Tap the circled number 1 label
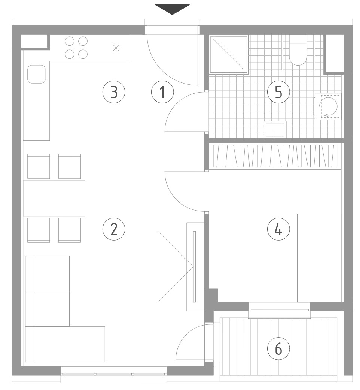(x=162, y=92)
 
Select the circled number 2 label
(x=114, y=229)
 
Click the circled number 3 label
(x=114, y=92)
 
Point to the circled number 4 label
(x=278, y=229)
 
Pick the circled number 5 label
(x=278, y=92)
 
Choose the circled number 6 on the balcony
(x=278, y=349)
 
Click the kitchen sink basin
(x=36, y=74)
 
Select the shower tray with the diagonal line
(x=229, y=54)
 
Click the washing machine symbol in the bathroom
(x=328, y=106)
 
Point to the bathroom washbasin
(x=275, y=129)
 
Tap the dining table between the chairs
(x=54, y=198)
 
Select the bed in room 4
(x=320, y=258)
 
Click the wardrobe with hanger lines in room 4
(x=275, y=157)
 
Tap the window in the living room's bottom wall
(x=114, y=374)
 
